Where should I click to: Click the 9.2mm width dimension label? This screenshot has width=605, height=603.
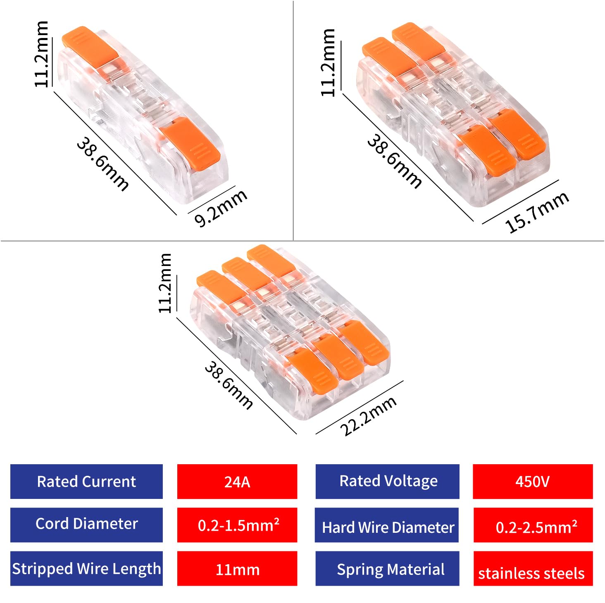coord(221,208)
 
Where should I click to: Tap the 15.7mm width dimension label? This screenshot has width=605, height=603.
coord(536,212)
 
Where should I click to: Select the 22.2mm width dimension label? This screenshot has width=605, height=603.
coord(368,415)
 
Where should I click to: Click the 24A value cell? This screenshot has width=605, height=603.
coord(237,482)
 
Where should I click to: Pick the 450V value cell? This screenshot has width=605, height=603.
coord(532,482)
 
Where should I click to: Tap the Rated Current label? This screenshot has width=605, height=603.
coord(86,482)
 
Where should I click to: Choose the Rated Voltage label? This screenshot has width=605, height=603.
coord(388,482)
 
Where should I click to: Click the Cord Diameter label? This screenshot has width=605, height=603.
coord(86,524)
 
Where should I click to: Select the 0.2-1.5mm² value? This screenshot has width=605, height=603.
coord(237,525)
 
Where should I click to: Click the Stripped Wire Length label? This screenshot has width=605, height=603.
coord(86,569)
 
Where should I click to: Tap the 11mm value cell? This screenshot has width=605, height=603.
coord(237,570)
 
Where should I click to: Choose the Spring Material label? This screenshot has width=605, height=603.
coord(388,570)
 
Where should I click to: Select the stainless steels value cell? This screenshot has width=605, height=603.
coord(532,573)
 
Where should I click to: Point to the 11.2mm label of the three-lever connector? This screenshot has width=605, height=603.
coord(165,283)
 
